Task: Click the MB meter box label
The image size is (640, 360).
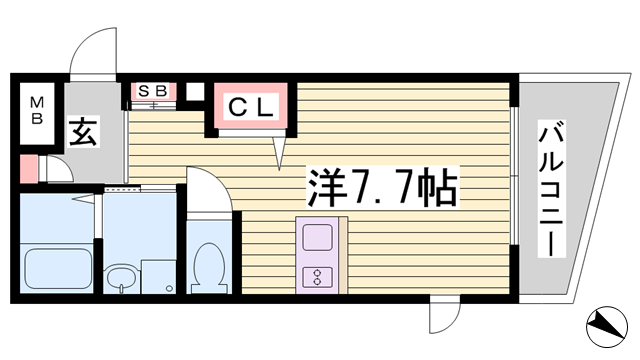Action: tap(37, 110)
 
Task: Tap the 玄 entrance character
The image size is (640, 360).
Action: tap(83, 131)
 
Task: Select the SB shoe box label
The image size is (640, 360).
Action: tap(153, 91)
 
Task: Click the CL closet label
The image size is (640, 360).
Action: tap(250, 108)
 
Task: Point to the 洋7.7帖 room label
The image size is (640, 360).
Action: tap(382, 188)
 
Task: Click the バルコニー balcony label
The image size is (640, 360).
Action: tap(551, 189)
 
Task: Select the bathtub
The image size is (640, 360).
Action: tap(58, 269)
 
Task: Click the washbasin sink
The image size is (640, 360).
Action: tap(121, 279)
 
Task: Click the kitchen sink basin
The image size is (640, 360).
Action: tap(317, 237)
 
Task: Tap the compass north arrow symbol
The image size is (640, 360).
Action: tap(607, 327)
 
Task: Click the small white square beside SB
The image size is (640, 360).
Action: tap(195, 92)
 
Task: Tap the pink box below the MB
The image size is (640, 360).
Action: tap(29, 168)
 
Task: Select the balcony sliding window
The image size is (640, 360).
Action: tap(514, 176)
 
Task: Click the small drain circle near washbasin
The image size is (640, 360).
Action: tap(169, 288)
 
